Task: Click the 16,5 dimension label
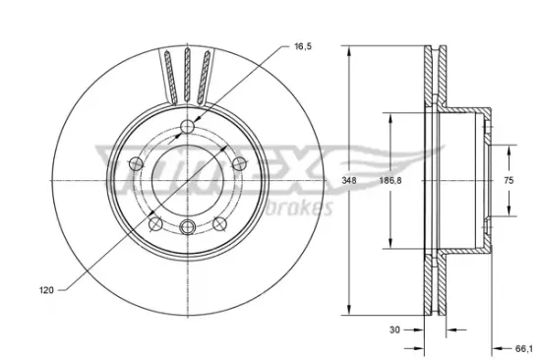pyautogui.click(x=303, y=46)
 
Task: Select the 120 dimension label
pyautogui.click(x=46, y=290)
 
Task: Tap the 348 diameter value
pyautogui.click(x=349, y=180)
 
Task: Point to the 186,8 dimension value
pyautogui.click(x=391, y=180)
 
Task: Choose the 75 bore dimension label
pyautogui.click(x=509, y=180)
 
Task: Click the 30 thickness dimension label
pyautogui.click(x=394, y=330)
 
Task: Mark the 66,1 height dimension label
pyautogui.click(x=523, y=349)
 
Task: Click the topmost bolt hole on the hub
pyautogui.click(x=187, y=126)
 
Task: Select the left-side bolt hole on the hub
pyautogui.click(x=136, y=163)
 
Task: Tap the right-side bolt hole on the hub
pyautogui.click(x=239, y=163)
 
